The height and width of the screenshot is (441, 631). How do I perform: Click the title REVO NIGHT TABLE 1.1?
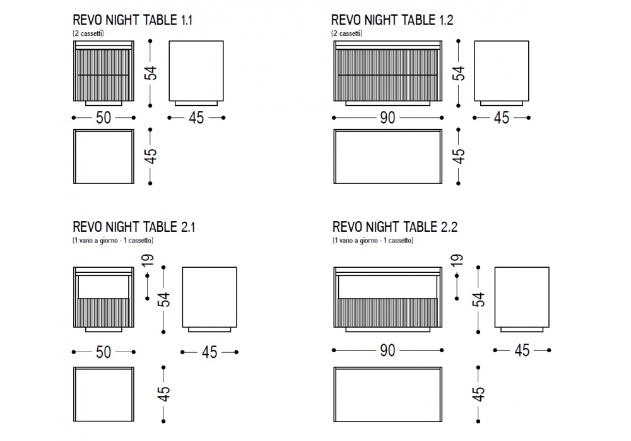point(133,20)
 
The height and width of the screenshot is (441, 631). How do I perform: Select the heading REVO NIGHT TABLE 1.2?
point(392,20)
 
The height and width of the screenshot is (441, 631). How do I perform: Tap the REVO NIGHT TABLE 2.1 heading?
point(134,227)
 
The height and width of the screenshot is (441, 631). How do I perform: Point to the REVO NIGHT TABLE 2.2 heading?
point(395,227)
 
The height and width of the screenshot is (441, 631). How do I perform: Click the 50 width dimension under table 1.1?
point(103,118)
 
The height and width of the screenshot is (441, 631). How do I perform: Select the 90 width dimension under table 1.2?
point(387,118)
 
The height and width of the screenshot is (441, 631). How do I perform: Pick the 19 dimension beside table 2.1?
point(148,260)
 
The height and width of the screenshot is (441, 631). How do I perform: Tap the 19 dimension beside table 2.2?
point(457,260)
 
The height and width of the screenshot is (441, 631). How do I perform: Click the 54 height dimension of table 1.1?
point(151,73)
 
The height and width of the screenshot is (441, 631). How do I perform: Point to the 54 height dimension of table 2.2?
point(478,300)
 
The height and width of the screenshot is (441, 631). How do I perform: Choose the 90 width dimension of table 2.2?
point(387,350)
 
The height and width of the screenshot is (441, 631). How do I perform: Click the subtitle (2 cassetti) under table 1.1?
point(88,33)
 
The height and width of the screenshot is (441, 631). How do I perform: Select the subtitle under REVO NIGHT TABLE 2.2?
point(373,240)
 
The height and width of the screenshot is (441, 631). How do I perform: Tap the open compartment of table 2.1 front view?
point(103,287)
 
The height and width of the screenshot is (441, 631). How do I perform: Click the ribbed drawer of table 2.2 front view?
point(387,312)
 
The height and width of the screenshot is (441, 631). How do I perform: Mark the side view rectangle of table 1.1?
point(196,71)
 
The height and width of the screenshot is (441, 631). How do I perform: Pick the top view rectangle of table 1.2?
point(387,156)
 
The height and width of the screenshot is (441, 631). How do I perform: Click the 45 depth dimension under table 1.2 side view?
point(502,118)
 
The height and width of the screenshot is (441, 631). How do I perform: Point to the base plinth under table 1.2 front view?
point(387,103)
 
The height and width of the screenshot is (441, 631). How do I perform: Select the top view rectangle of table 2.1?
point(103,394)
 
